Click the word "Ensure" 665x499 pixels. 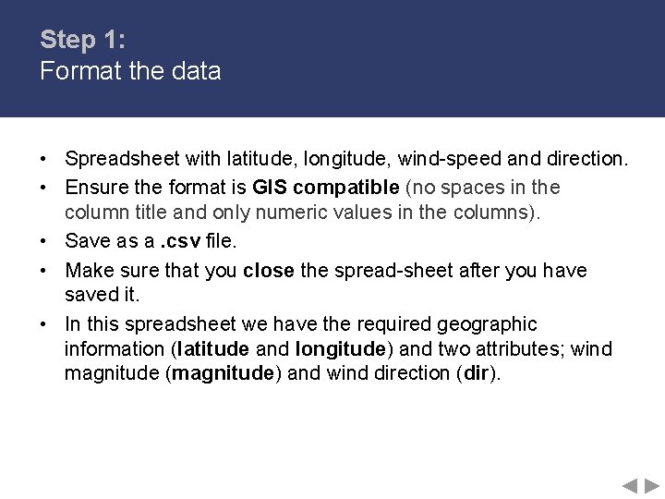point(97,188)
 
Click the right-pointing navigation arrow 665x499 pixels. point(652,485)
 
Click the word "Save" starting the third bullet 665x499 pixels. point(85,242)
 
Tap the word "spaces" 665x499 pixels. point(480,188)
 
